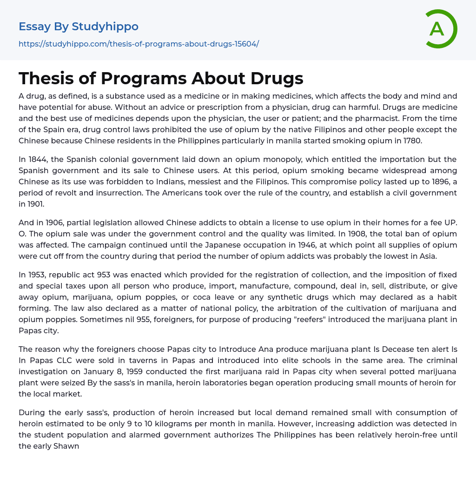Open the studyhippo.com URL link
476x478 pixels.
pyautogui.click(x=139, y=44)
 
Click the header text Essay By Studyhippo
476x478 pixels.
pyautogui.click(x=79, y=27)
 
